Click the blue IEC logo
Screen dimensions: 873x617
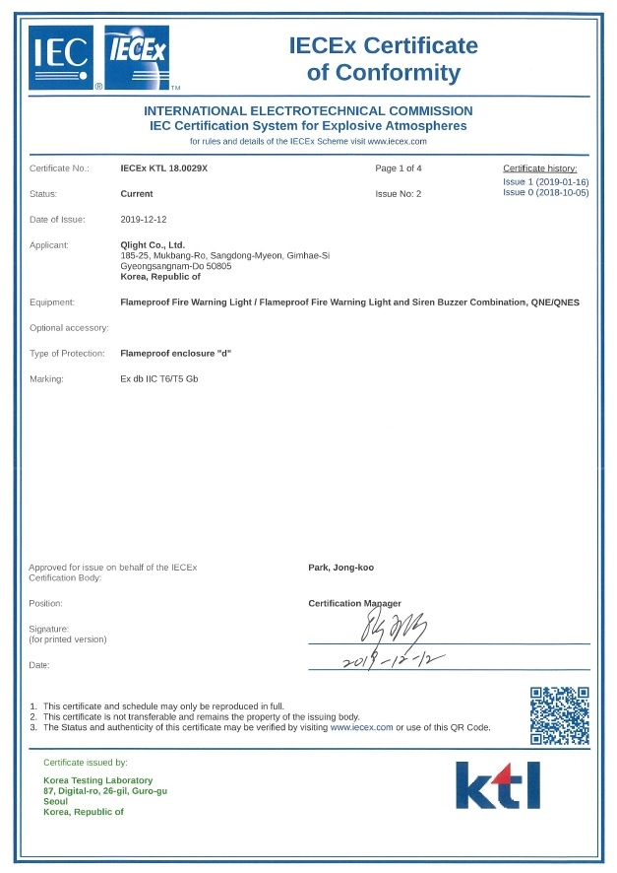click(61, 57)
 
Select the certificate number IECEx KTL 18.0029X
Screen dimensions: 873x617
click(163, 168)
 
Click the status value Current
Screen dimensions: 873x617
click(137, 194)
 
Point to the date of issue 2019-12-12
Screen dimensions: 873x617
click(145, 219)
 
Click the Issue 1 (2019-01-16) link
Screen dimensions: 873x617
click(545, 182)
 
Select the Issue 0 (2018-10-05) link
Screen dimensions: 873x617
click(545, 193)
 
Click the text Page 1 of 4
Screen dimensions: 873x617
click(399, 168)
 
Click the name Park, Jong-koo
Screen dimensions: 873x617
click(340, 568)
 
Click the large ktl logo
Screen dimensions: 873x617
click(498, 786)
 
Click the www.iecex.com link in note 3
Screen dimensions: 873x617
click(361, 727)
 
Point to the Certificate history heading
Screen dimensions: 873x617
click(545, 169)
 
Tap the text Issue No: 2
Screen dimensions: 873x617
click(398, 194)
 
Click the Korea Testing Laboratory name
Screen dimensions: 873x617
click(98, 780)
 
